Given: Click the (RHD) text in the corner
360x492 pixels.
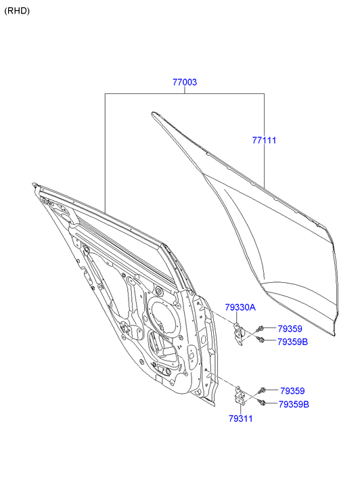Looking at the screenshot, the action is point(17,11).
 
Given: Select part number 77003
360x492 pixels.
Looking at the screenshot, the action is point(185,82).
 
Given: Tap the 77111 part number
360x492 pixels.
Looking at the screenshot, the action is point(265,140).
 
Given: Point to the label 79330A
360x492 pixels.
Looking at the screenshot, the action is point(240,307).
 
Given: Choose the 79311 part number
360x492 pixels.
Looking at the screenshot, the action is point(241,419).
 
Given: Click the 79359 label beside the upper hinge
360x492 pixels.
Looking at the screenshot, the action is point(290,329).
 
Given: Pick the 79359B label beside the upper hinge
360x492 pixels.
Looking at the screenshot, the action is point(293,342).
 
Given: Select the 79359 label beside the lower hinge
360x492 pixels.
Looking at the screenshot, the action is point(292,391).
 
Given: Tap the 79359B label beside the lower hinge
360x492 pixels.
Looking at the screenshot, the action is point(294,405).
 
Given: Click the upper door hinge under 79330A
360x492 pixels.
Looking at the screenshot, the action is point(239,333).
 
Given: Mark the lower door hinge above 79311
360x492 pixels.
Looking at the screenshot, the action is point(240,396).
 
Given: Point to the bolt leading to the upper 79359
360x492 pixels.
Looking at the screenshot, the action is point(260,329).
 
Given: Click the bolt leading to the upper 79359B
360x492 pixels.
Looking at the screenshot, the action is point(261,339).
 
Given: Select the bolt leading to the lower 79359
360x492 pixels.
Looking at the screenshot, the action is point(262,390).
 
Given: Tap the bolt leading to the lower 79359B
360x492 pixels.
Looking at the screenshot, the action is point(262,402).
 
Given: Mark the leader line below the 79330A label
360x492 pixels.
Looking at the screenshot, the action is point(236,317).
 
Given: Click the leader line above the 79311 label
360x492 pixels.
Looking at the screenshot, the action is point(241,409).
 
